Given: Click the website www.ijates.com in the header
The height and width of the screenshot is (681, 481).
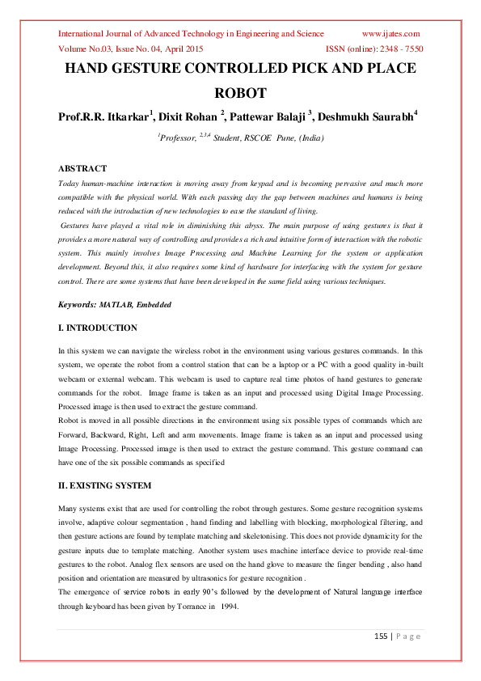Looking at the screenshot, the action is click(390, 34).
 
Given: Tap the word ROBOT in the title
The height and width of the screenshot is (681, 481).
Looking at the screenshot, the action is click(240, 93).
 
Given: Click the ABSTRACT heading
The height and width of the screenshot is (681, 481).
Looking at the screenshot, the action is click(82, 168).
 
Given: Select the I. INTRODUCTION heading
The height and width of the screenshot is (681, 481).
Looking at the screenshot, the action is click(99, 328).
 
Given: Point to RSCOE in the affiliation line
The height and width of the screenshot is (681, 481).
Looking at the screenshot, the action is click(263, 138).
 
